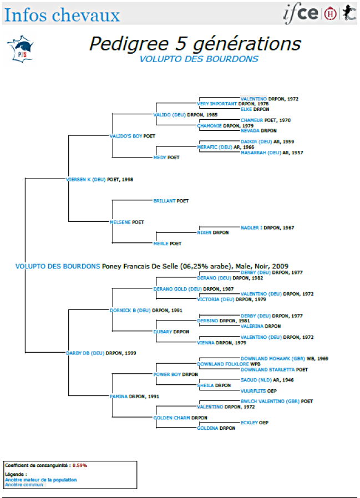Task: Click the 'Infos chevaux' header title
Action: coord(62,14)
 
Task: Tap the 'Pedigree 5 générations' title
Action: coord(195,44)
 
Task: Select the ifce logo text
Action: coord(301,13)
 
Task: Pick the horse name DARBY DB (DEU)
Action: coord(85,353)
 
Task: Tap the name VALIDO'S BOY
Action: coord(126,136)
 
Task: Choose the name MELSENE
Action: coord(120,222)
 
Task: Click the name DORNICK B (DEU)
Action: coord(130,310)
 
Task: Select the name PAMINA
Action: coord(119,397)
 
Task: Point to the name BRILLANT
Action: coord(165,201)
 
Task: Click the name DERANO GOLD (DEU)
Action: coord(178,289)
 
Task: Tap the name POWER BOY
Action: coord(167,375)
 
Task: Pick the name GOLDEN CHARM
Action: coord(171,418)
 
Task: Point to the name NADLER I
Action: coord(251,227)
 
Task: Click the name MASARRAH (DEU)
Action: coord(261,153)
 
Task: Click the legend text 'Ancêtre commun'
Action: coord(24,485)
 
